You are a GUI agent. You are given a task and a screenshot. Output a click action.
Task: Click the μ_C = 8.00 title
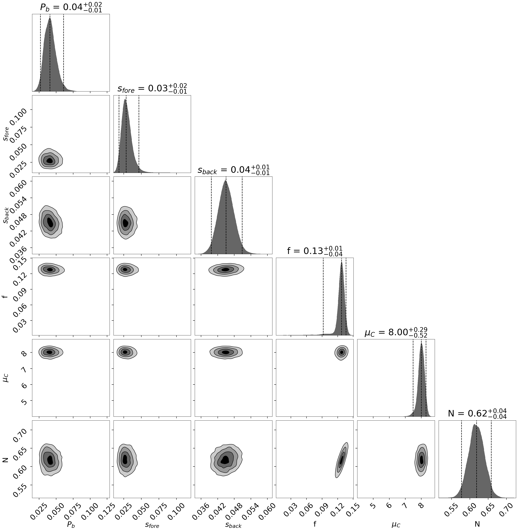point(396,332)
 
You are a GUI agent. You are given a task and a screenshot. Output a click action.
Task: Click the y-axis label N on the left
point(5,460)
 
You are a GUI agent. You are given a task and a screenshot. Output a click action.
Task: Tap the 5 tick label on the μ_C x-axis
point(373,506)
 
